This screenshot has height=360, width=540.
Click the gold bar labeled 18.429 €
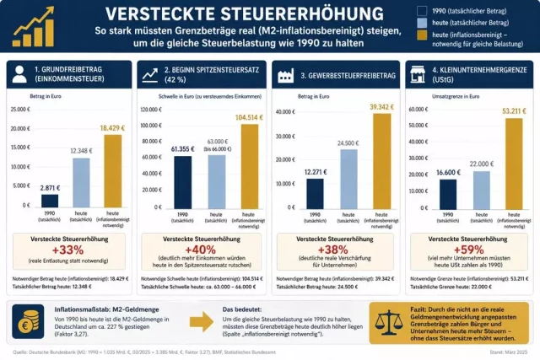click(x=114, y=169)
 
